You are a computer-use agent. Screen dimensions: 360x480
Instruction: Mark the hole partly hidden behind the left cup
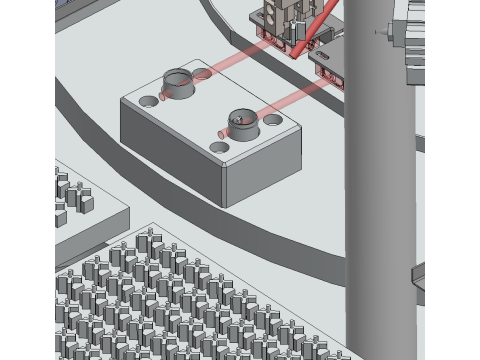(x=202, y=73)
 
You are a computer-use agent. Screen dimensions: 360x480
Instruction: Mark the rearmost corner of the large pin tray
(x=150, y=225)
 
